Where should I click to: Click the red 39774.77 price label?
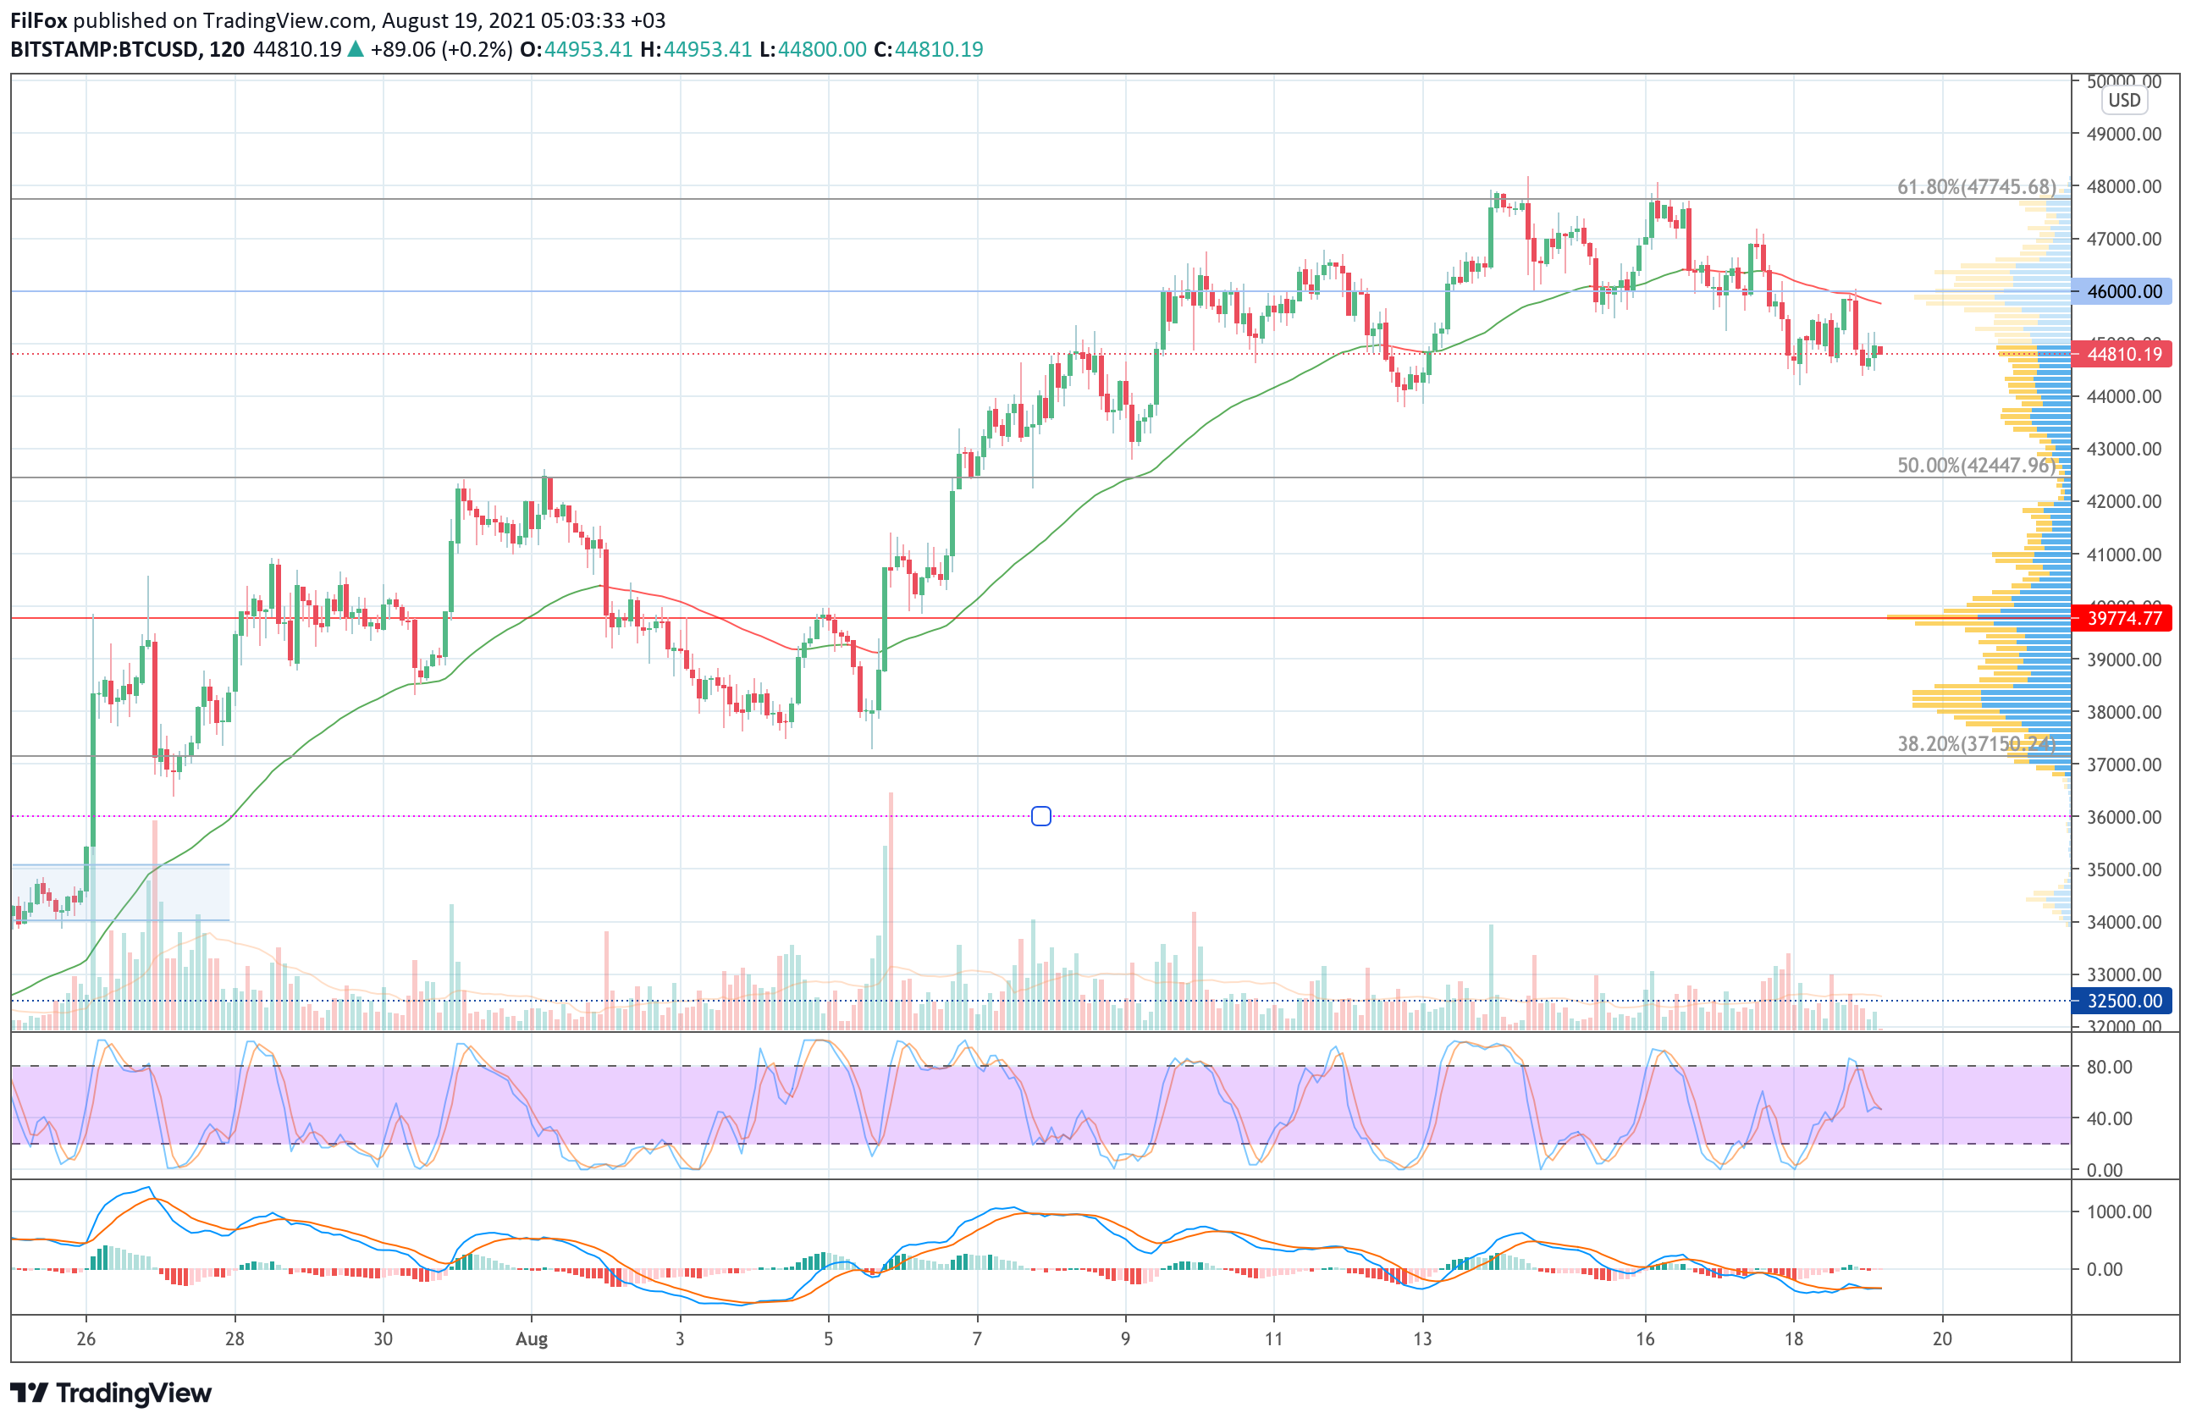(2123, 618)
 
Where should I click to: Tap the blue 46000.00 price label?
(2123, 292)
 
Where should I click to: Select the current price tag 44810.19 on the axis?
(2123, 355)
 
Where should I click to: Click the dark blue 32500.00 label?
(2123, 1001)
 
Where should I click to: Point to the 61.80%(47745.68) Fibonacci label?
(1976, 187)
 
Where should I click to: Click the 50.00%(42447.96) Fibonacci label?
(1976, 466)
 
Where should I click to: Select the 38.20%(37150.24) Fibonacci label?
(1976, 744)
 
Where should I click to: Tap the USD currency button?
(2124, 101)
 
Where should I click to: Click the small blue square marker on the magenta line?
(1041, 816)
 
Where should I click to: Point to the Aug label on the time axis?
(531, 1339)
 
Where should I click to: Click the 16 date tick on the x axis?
(1645, 1339)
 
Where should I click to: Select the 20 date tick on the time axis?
(1942, 1339)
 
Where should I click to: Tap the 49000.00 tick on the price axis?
(2124, 135)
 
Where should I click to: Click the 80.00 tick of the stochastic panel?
(2109, 1067)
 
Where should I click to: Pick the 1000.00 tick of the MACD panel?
(2118, 1212)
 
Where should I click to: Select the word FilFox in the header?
(39, 20)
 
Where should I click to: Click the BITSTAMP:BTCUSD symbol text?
(104, 50)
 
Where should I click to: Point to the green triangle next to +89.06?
(356, 50)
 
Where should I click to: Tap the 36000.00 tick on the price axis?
(2124, 817)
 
